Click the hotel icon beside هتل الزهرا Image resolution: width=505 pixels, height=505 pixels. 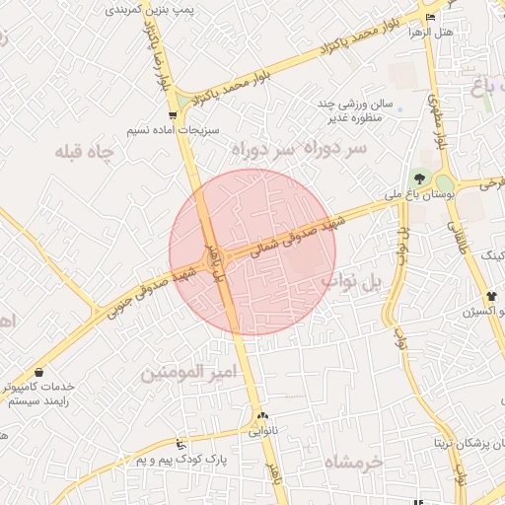(x=429, y=18)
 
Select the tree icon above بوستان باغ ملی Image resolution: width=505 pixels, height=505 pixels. (x=421, y=180)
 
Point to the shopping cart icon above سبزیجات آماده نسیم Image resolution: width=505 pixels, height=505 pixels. (x=174, y=116)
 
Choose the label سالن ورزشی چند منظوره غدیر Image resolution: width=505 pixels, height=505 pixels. (x=355, y=110)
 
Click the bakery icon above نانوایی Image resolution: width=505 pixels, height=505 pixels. (x=262, y=417)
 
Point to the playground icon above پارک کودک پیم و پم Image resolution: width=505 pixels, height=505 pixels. (x=179, y=445)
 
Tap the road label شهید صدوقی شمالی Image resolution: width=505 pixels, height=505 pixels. (x=295, y=236)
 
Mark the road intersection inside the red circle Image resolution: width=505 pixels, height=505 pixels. (x=217, y=260)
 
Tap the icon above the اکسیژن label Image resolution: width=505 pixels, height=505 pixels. (x=491, y=296)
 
